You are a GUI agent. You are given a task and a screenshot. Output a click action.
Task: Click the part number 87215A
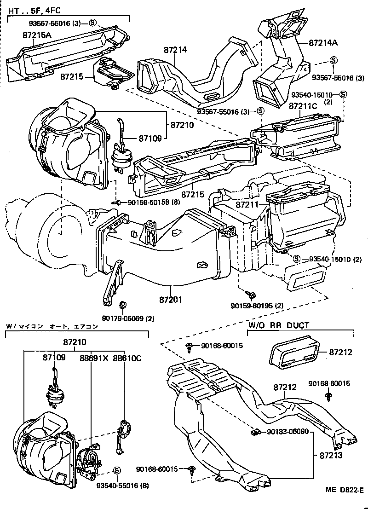click(x=37, y=35)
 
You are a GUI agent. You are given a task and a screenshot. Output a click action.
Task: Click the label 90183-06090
click(x=288, y=432)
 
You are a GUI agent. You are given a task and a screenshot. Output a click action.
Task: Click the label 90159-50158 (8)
click(x=150, y=202)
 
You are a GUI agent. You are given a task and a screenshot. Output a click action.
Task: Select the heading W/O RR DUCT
click(x=279, y=325)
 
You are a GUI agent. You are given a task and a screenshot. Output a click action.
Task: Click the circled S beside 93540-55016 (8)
click(x=116, y=470)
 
